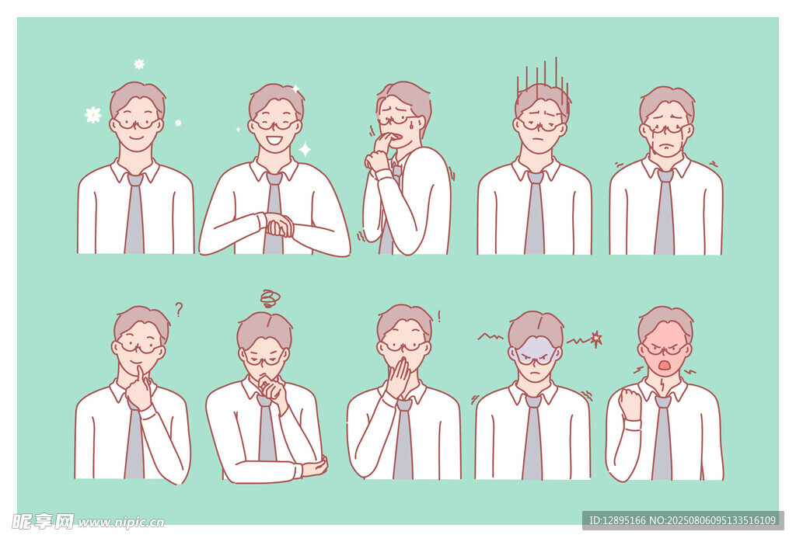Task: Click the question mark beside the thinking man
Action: click(x=179, y=309)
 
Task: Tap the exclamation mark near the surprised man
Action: click(x=439, y=317)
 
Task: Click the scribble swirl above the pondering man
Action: click(x=270, y=298)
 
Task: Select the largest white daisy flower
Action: click(x=93, y=115)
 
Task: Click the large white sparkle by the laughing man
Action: click(x=305, y=150)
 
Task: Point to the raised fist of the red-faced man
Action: click(x=630, y=404)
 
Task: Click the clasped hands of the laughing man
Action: click(x=279, y=226)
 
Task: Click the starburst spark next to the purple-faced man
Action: click(x=596, y=339)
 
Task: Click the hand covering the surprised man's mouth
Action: click(x=399, y=377)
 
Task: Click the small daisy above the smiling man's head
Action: click(x=139, y=64)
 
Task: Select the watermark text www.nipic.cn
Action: click(x=120, y=523)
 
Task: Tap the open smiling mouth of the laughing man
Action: click(x=274, y=140)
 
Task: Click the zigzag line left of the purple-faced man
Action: click(x=491, y=336)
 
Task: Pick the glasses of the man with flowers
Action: click(x=137, y=122)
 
